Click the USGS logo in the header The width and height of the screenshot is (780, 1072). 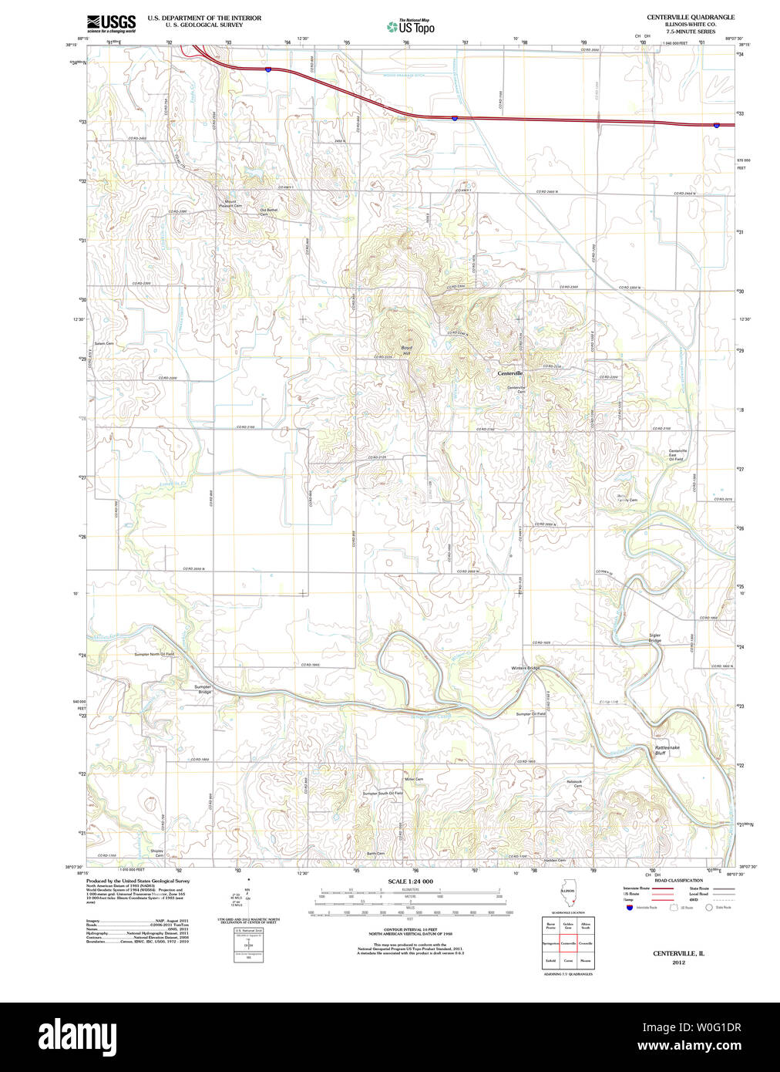111,22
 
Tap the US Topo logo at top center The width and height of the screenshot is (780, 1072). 410,26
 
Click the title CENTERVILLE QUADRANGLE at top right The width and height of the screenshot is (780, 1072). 690,17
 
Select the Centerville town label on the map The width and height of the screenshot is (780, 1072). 509,373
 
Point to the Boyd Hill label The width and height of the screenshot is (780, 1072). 406,351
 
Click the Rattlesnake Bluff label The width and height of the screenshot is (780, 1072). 667,750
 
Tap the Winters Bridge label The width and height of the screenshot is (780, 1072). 525,668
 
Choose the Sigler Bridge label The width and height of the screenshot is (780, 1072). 654,638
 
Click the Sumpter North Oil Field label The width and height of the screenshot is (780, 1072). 154,654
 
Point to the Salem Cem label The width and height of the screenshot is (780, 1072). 104,343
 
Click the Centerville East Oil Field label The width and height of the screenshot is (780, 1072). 676,455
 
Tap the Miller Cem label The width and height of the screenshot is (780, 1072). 414,779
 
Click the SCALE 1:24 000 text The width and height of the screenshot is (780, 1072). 410,882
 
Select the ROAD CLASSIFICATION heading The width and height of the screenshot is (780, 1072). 678,880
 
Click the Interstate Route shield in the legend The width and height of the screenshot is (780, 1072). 630,908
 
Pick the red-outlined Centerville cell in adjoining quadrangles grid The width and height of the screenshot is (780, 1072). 568,943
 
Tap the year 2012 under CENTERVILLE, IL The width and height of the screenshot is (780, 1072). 678,962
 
